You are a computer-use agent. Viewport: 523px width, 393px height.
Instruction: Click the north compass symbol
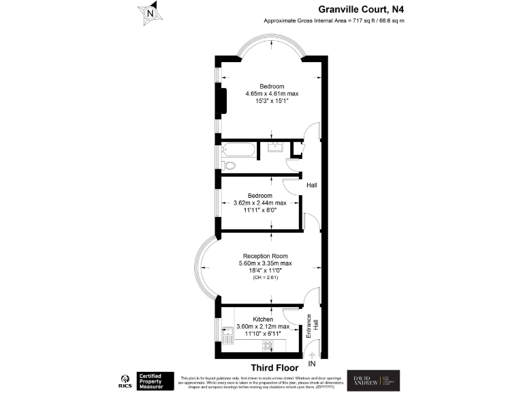[x=149, y=12]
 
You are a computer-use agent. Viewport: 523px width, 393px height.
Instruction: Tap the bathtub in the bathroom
[x=238, y=149]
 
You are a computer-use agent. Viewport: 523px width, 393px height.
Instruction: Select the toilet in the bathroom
[x=229, y=164]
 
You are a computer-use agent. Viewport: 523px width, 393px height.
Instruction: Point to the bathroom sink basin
[x=276, y=147]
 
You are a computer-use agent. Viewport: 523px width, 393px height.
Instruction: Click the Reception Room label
[x=265, y=257]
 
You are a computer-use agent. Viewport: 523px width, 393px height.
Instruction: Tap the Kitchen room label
[x=263, y=319]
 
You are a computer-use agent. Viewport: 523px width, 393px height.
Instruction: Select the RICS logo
[x=125, y=379]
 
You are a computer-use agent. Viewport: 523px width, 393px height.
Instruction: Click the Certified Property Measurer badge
[x=154, y=379]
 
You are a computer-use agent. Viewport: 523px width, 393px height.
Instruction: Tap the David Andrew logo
[x=373, y=380]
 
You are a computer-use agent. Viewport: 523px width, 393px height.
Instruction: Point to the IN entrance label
[x=312, y=365]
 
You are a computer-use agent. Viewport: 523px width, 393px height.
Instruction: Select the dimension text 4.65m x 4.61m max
[x=272, y=93]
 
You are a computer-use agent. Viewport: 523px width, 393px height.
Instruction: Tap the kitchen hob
[x=268, y=345]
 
